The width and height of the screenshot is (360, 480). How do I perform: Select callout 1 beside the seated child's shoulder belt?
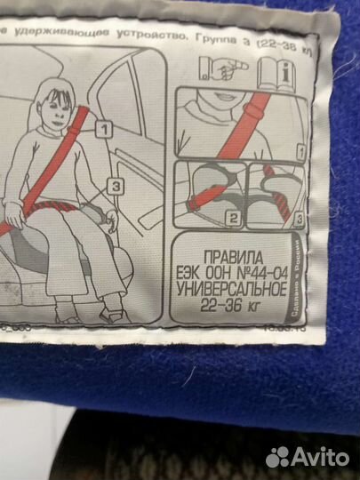[105, 131]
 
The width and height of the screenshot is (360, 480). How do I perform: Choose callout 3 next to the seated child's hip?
[116, 185]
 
